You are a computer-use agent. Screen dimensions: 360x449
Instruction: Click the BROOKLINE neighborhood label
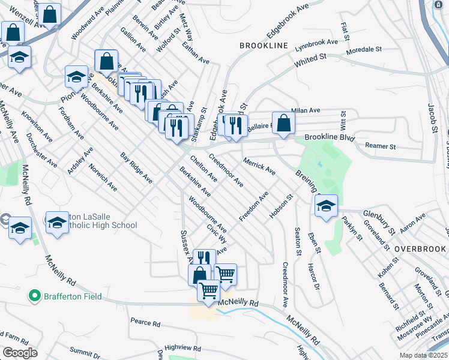click(264, 46)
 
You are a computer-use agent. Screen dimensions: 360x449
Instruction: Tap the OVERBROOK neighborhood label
click(420, 249)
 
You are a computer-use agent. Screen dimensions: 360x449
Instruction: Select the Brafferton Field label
click(71, 296)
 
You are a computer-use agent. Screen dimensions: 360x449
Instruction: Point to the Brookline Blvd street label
click(330, 137)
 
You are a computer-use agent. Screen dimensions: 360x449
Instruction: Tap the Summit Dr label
click(85, 350)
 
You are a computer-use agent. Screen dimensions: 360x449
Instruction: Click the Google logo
click(20, 353)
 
